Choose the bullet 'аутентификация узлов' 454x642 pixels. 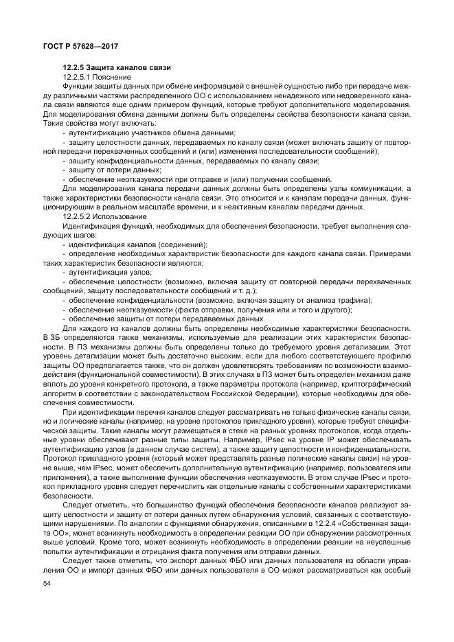[110, 272]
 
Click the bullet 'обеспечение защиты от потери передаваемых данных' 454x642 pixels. [166, 319]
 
